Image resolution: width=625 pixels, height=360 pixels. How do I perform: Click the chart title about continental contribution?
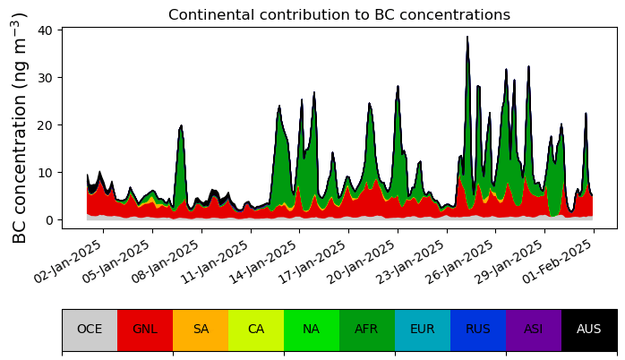[338, 15]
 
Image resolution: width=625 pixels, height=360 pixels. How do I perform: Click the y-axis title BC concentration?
[20, 128]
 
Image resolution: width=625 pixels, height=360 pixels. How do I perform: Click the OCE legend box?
[90, 330]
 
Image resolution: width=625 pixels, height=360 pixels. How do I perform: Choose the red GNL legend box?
[145, 330]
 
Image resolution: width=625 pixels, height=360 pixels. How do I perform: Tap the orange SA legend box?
[201, 330]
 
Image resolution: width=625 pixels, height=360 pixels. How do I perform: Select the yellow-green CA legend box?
[256, 330]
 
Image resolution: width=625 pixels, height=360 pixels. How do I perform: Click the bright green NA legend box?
[312, 330]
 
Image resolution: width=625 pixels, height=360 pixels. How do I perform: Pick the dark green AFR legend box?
[367, 330]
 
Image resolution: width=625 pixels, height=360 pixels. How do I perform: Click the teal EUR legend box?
[423, 330]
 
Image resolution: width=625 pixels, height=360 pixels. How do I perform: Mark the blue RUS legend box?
[478, 330]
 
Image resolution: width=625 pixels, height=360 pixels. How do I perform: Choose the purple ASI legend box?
[534, 330]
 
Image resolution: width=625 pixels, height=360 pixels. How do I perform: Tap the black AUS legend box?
[589, 330]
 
